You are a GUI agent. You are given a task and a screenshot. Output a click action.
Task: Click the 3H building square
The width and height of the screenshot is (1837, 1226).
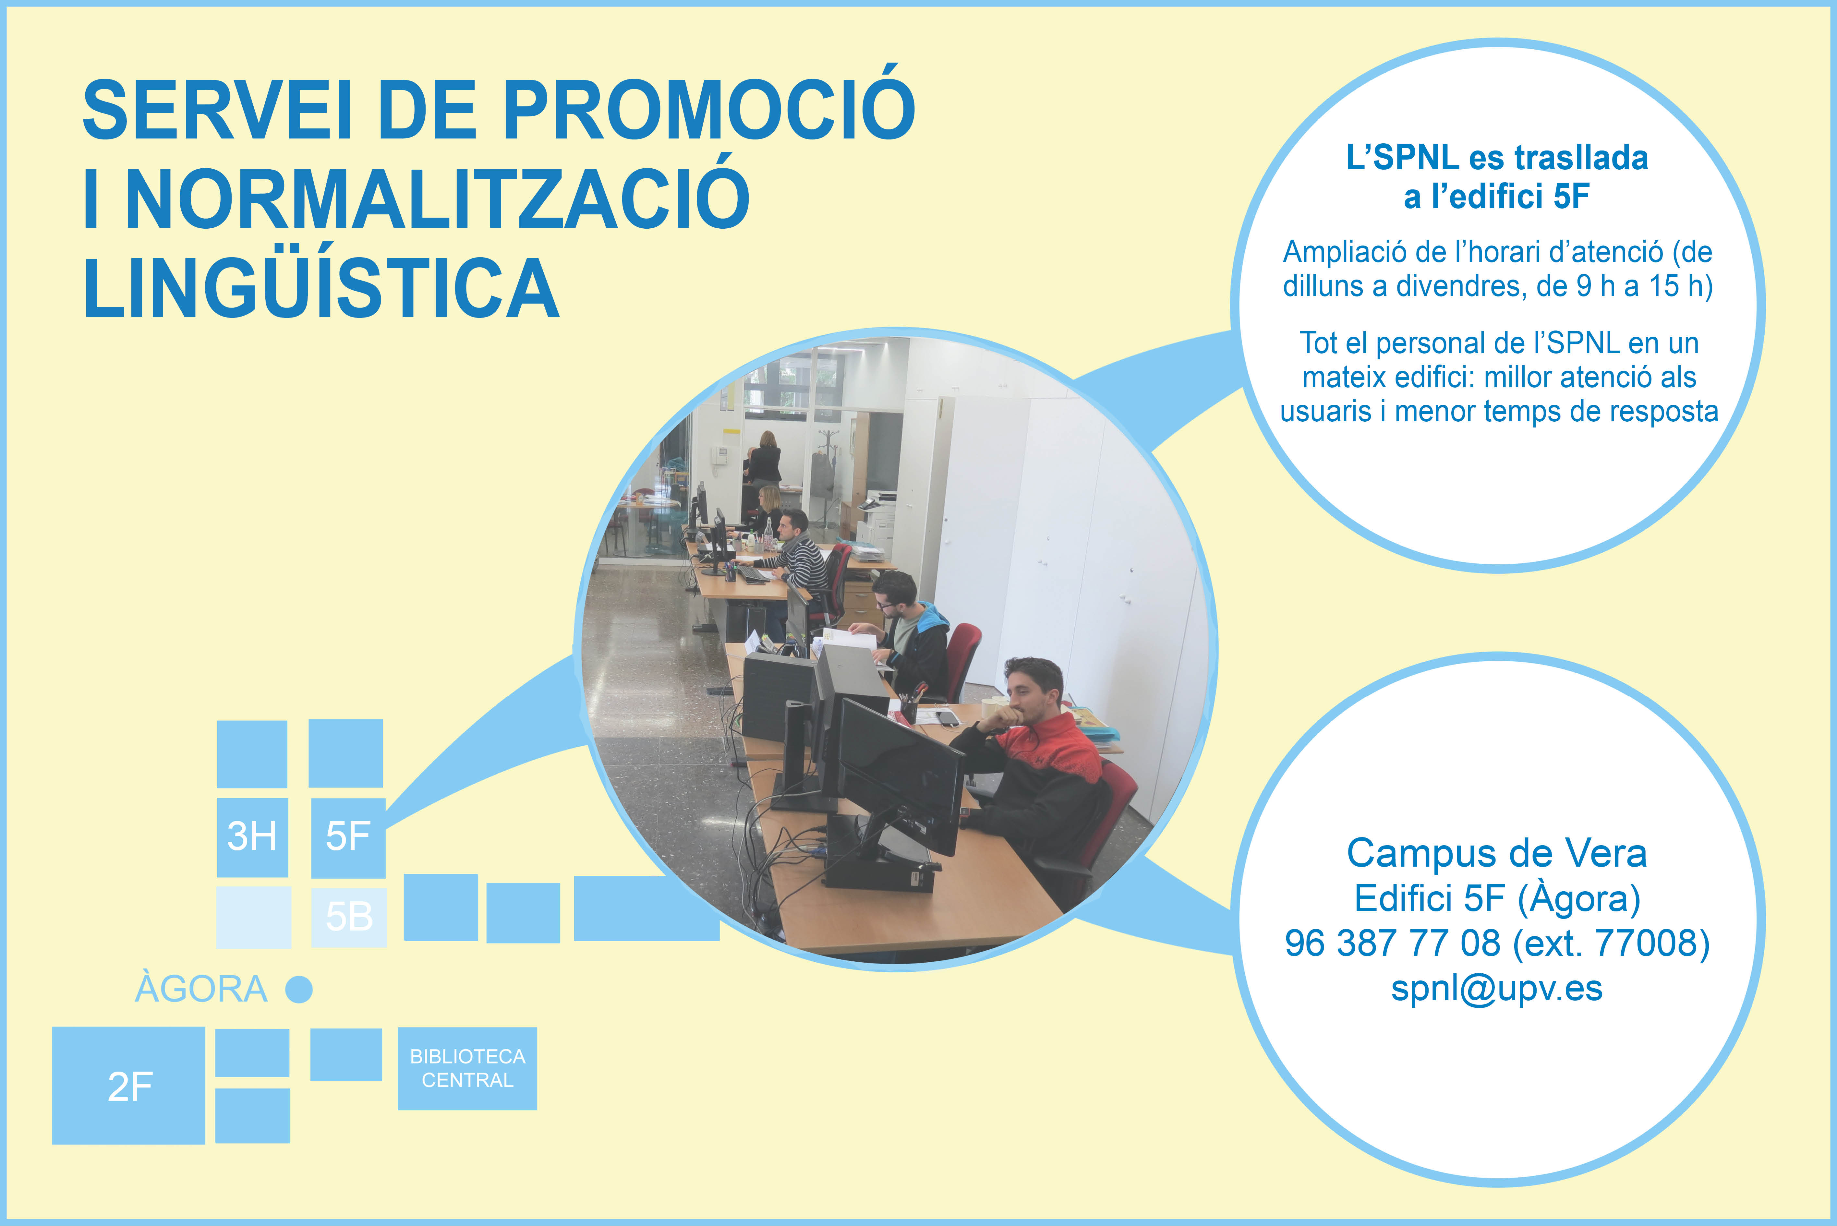(x=252, y=836)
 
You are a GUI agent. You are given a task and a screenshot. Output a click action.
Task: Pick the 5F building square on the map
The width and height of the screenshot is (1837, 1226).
(x=348, y=836)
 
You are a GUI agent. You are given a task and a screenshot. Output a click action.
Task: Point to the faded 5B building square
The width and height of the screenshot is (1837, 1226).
(x=349, y=916)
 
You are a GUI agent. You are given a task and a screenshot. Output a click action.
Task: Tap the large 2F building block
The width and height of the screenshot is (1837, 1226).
(x=128, y=1085)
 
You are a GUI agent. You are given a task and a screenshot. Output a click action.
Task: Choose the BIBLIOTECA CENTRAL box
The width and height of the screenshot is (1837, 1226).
(x=468, y=1068)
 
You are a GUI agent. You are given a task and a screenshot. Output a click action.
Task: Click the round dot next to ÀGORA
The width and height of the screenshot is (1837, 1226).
(x=299, y=989)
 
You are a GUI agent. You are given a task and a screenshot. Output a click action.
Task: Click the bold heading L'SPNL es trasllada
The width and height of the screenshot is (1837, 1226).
(x=1497, y=157)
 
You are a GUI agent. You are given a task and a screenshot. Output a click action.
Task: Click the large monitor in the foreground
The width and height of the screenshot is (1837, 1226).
(x=899, y=774)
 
